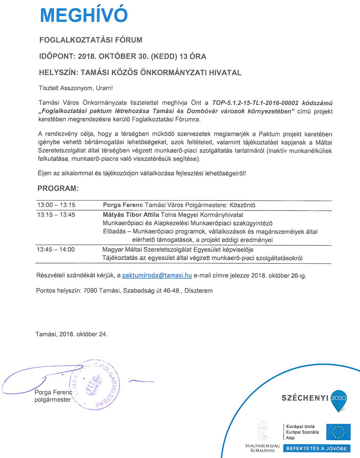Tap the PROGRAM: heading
click(x=58, y=188)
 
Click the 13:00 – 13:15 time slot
click(x=56, y=205)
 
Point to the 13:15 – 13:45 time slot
click(x=56, y=215)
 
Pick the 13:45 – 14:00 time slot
click(x=56, y=249)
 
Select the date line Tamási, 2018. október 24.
click(x=71, y=334)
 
